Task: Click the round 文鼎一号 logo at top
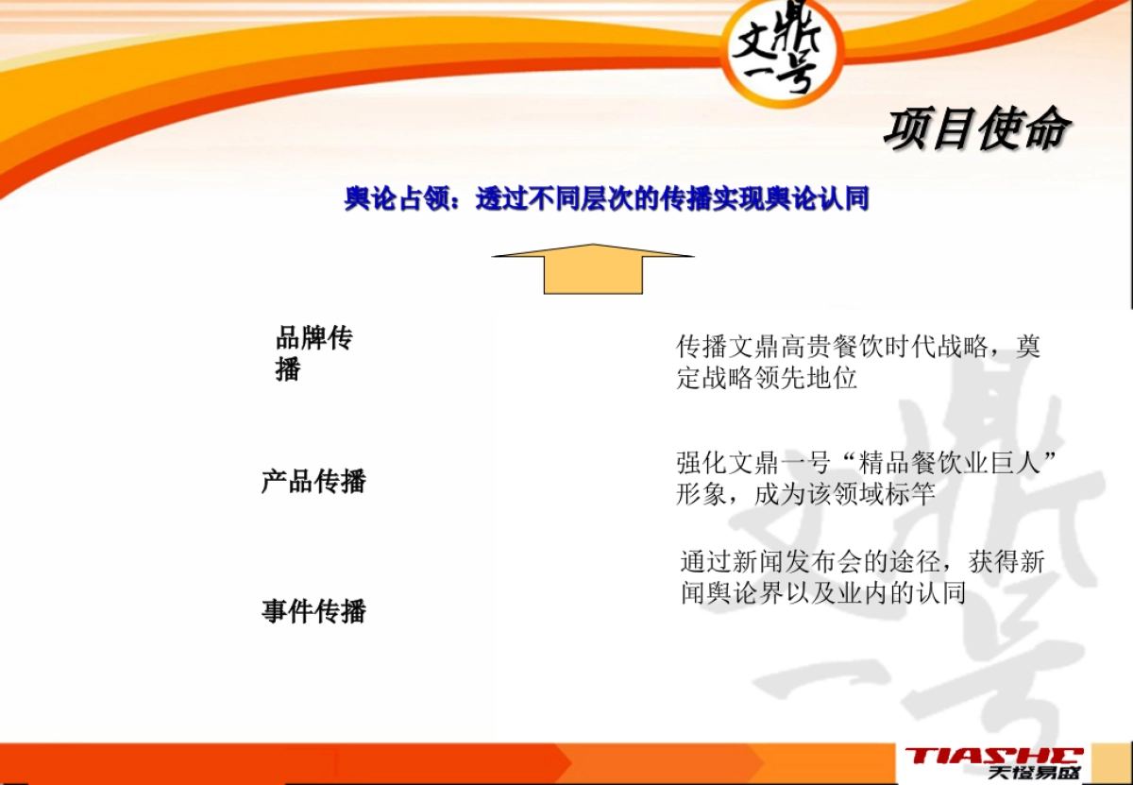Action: tap(781, 51)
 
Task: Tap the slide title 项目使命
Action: tap(976, 129)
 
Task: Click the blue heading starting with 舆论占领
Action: tap(606, 200)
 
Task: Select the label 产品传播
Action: tap(313, 481)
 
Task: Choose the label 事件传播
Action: tap(313, 611)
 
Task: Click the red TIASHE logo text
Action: tap(993, 755)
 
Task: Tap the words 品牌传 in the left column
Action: tap(314, 339)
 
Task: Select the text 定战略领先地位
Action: tap(767, 379)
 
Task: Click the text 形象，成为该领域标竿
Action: tap(804, 493)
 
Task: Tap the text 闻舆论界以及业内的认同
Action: tap(823, 593)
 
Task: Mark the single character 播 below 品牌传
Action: tap(288, 369)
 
